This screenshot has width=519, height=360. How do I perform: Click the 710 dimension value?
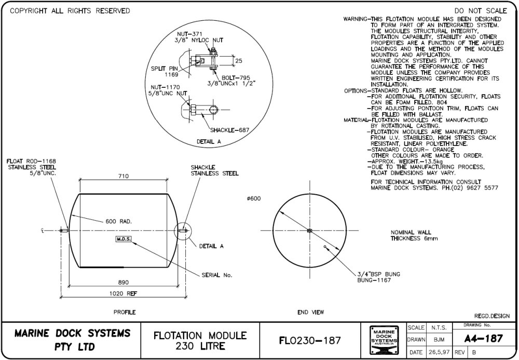point(123,176)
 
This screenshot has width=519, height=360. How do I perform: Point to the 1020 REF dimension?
point(123,294)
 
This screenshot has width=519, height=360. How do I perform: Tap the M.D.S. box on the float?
point(123,239)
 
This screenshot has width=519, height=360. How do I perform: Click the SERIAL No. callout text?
point(216,274)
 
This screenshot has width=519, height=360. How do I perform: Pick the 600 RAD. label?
point(119,221)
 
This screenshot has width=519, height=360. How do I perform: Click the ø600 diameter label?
point(254,199)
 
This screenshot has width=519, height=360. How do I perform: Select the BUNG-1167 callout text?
point(374,281)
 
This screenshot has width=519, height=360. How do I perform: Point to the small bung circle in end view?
point(324,247)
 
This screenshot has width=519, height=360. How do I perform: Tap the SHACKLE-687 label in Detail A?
point(230,130)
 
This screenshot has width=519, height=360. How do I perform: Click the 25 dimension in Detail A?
point(239,61)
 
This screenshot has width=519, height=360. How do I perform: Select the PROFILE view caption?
point(125,312)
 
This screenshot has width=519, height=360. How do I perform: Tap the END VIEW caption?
point(310,312)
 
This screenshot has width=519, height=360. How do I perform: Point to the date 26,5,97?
point(438,352)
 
